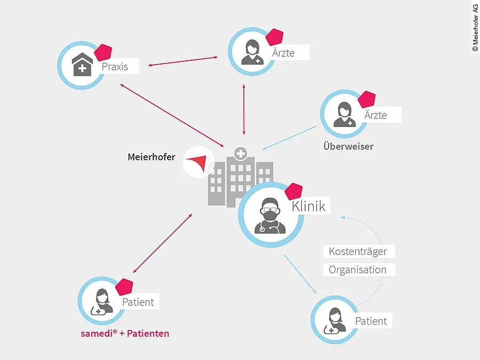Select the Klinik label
[309, 206]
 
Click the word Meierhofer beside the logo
[151, 157]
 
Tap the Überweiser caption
[348, 146]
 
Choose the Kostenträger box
[357, 251]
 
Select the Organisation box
[357, 270]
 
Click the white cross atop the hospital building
[241, 154]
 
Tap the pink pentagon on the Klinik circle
[293, 192]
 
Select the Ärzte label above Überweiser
[375, 115]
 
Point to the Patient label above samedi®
[138, 302]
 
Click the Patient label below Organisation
[371, 321]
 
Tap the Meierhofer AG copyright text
[475, 27]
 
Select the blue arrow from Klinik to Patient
[300, 275]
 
